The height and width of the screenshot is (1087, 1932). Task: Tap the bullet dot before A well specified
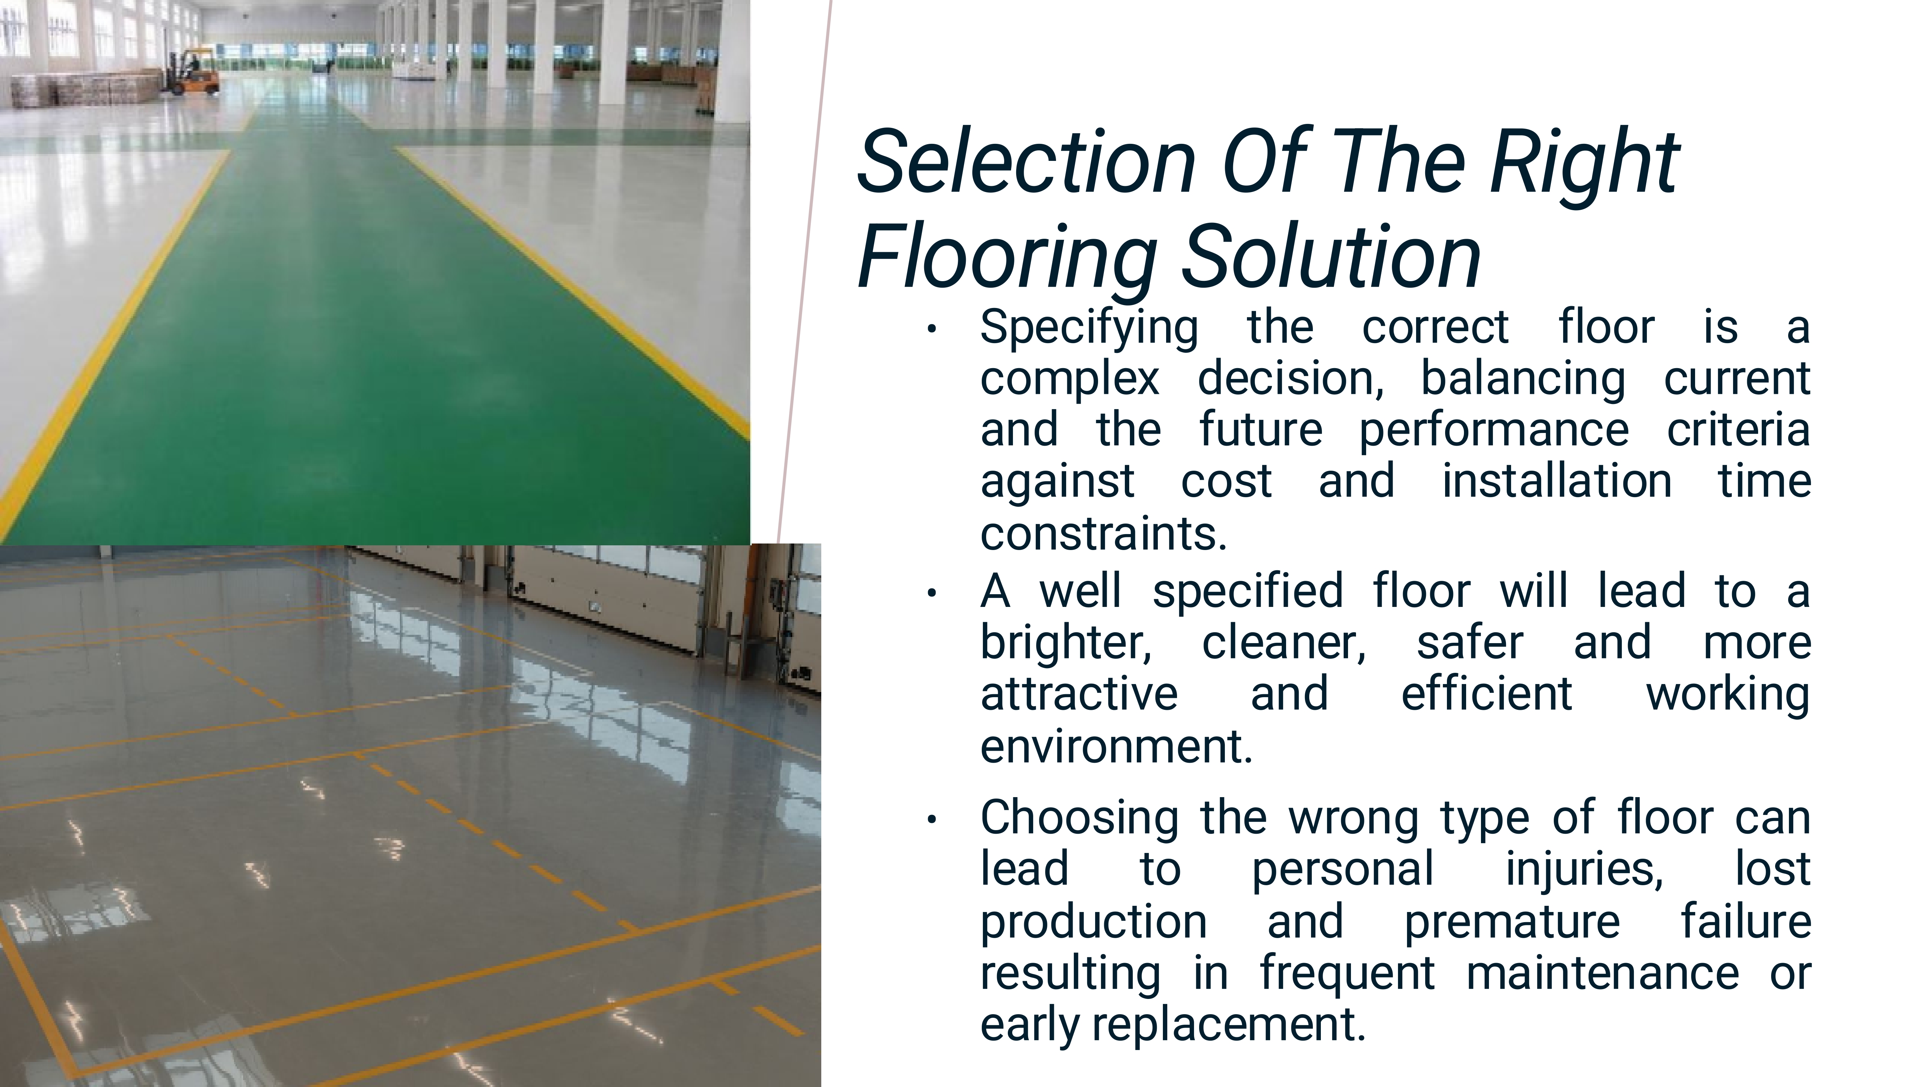click(x=931, y=593)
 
